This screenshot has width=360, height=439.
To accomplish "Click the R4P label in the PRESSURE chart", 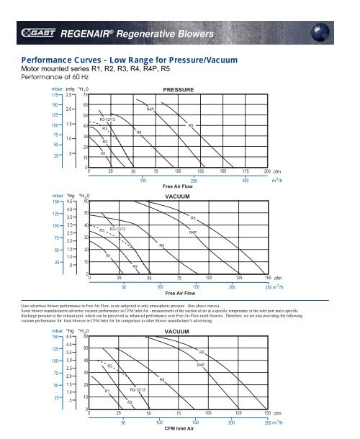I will pos(150,109).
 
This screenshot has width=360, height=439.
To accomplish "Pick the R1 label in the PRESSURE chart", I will pos(103,153).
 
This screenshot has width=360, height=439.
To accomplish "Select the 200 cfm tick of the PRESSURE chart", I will pos(267,171).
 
